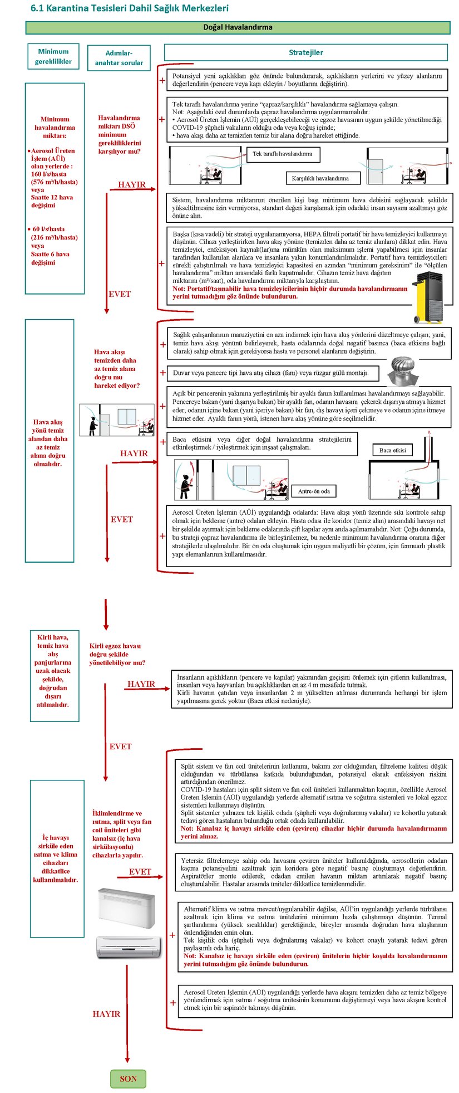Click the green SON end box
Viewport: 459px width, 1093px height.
pyautogui.click(x=128, y=1079)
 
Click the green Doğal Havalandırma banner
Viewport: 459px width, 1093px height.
pyautogui.click(x=238, y=27)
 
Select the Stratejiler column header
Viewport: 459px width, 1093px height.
pyautogui.click(x=305, y=52)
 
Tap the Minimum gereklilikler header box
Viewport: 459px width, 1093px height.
pyautogui.click(x=53, y=56)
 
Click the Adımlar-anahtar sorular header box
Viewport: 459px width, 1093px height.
pyautogui.click(x=119, y=58)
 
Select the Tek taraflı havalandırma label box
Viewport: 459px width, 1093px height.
pyautogui.click(x=282, y=154)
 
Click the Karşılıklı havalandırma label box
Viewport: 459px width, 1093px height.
pyautogui.click(x=320, y=178)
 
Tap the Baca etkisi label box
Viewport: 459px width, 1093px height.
pyautogui.click(x=392, y=450)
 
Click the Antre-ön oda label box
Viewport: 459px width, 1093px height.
pyautogui.click(x=313, y=491)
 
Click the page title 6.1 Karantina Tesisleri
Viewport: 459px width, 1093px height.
pyautogui.click(x=129, y=8)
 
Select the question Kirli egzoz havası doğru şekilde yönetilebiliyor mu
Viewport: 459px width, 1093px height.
pyautogui.click(x=117, y=654)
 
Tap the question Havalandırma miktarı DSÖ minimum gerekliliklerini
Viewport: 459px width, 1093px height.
pyautogui.click(x=119, y=134)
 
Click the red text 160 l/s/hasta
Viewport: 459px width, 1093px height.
pyautogui.click(x=49, y=174)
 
